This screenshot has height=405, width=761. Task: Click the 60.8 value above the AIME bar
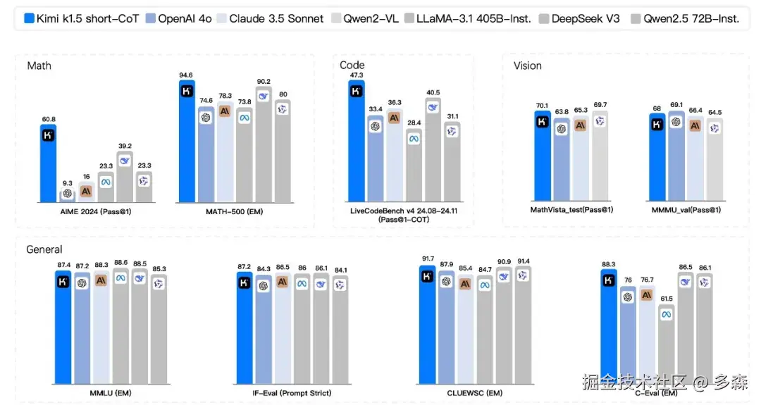point(48,119)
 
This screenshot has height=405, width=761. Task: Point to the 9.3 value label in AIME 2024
point(68,182)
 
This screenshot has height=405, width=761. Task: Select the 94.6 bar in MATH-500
point(187,141)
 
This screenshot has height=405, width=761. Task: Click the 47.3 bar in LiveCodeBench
point(357,141)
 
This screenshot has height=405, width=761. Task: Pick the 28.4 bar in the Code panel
point(414,166)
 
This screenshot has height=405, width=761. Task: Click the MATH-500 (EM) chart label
point(235,211)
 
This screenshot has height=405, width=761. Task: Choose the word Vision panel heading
point(528,66)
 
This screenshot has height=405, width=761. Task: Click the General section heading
point(44,249)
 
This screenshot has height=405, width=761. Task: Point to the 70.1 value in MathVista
point(542,106)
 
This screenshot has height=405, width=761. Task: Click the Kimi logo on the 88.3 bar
point(609,280)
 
